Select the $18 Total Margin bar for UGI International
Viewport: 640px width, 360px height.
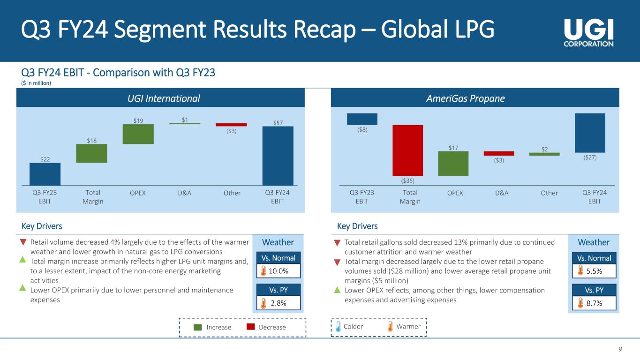point(91,153)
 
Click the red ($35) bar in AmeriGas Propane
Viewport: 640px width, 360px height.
point(407,150)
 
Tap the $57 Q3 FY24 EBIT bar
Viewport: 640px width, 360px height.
point(278,156)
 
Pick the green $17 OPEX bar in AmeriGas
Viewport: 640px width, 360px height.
point(453,164)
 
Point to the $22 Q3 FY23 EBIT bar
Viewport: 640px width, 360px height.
point(45,174)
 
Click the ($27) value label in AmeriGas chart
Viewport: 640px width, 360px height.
point(589,158)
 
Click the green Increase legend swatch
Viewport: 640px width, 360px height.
point(198,327)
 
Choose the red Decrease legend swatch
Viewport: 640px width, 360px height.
point(250,327)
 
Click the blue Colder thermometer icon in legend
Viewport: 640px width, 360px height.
point(338,327)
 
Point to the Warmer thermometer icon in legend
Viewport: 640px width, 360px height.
point(391,327)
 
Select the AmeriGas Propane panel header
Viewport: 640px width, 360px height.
point(474,98)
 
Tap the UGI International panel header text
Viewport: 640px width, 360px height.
point(160,98)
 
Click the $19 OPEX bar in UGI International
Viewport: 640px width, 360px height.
point(138,134)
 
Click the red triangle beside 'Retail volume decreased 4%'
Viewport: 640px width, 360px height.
point(23,242)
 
